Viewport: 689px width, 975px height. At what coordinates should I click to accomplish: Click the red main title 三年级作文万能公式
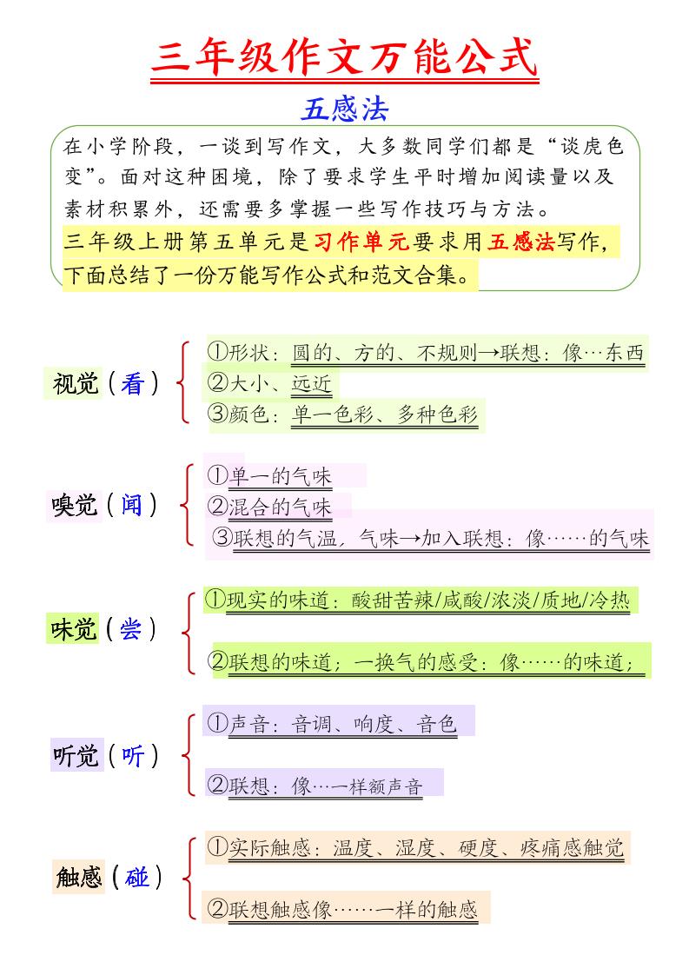[x=345, y=59]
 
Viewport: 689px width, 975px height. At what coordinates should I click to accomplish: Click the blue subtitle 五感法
[x=345, y=109]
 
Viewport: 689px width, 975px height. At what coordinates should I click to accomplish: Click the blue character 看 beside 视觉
[x=132, y=383]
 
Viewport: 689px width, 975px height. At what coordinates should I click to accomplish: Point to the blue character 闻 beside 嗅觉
[x=132, y=504]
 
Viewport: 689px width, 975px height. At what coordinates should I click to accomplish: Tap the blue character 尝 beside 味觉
[x=130, y=630]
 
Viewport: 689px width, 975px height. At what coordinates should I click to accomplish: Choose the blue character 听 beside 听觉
[x=132, y=756]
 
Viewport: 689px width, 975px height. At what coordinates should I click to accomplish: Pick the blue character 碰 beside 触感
[x=136, y=879]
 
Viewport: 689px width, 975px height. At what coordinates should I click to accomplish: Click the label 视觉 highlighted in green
[x=76, y=383]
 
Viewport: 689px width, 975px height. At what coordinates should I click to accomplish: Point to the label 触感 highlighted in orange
[x=79, y=879]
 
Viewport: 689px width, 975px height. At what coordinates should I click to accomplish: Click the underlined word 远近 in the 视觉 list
[x=311, y=383]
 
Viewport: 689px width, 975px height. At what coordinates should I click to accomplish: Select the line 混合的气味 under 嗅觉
[x=280, y=507]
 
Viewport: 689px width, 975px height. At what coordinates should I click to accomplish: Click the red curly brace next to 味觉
[x=187, y=632]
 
